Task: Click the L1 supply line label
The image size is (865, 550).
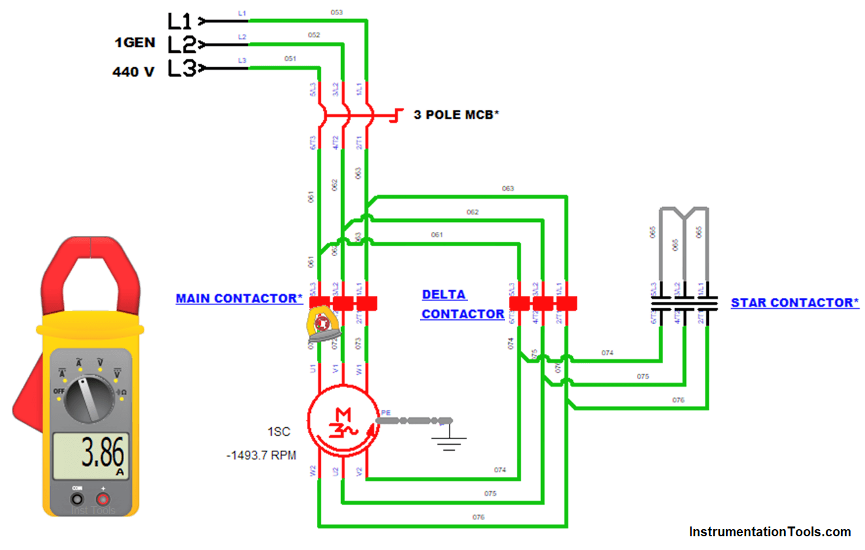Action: tap(180, 22)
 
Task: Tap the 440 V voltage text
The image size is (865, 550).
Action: tap(133, 72)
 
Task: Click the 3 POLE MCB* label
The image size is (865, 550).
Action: tap(456, 114)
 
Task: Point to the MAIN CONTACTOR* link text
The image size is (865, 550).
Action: tap(239, 299)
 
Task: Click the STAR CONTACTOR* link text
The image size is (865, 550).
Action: tap(794, 303)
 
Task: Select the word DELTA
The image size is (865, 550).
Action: tap(444, 295)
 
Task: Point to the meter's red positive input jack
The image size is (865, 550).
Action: tap(103, 498)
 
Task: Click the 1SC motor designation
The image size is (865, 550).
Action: tap(278, 432)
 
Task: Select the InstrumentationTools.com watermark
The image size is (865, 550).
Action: tap(770, 532)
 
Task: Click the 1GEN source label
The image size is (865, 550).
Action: tap(135, 43)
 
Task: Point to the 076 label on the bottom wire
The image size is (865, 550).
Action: tap(478, 517)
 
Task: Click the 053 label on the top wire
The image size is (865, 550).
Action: tap(336, 12)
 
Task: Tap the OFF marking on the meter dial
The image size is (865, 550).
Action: tap(59, 390)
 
